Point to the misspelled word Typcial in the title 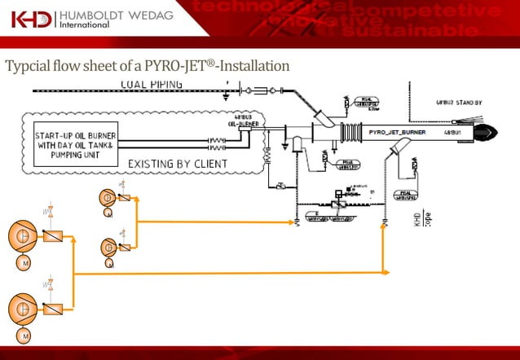[x=27, y=65]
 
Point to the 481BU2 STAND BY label [x=458, y=103]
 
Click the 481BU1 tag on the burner [x=453, y=131]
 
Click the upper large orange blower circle [x=22, y=236]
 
